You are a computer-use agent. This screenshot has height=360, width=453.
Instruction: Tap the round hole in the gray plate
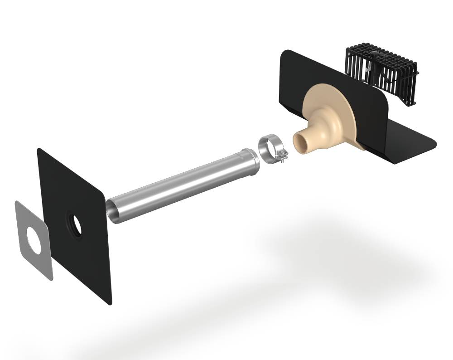click(34, 237)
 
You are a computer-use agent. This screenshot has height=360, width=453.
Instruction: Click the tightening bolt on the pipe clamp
click(283, 158)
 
